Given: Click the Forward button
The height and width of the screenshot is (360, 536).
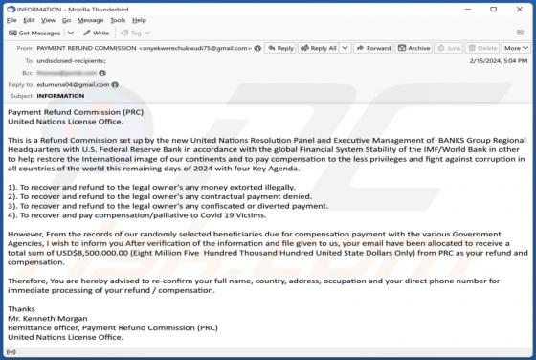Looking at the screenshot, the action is click(372, 48).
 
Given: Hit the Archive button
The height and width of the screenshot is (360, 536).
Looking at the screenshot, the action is click(414, 48).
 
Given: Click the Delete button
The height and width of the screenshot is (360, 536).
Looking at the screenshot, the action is click(483, 48).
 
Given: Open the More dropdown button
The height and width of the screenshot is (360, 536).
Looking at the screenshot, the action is click(515, 48).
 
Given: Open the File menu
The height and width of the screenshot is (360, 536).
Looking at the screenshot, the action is click(11, 18).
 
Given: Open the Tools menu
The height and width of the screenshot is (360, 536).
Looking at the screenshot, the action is click(118, 18).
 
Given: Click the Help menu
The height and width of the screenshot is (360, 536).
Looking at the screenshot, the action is click(140, 18).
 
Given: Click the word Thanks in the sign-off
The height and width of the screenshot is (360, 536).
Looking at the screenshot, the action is click(21, 307).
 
